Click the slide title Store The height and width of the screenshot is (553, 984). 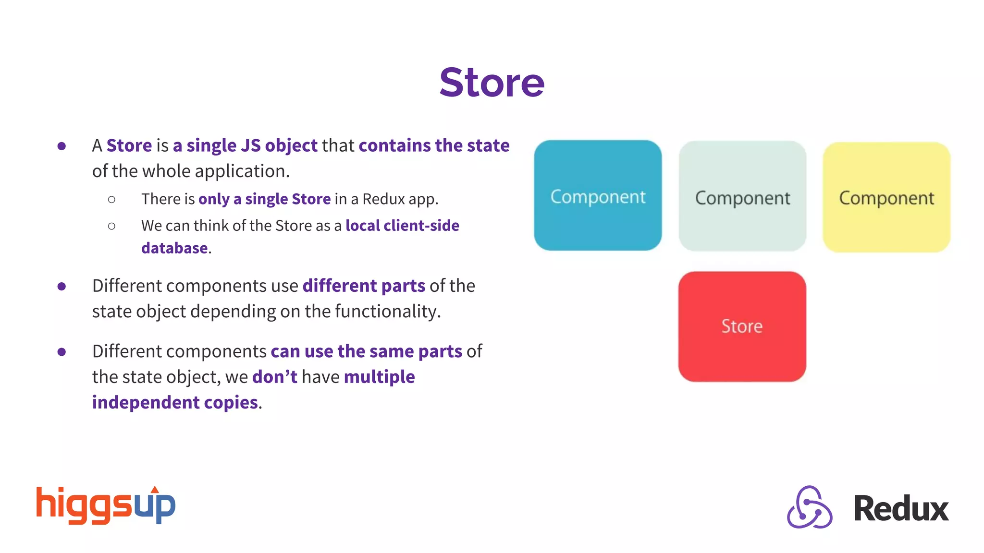click(x=492, y=83)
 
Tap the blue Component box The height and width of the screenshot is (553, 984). click(x=598, y=195)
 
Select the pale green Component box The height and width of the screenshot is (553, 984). click(x=742, y=196)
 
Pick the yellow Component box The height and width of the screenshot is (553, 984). click(x=886, y=197)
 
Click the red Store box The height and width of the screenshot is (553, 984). click(x=742, y=326)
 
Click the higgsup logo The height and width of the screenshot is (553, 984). click(x=106, y=505)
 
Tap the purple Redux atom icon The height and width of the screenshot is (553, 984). click(x=809, y=507)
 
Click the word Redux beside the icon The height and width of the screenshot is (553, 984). click(x=900, y=508)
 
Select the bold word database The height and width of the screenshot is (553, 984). click(x=174, y=248)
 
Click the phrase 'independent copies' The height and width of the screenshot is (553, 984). click(x=175, y=402)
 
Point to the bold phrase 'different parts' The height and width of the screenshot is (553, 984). click(x=364, y=286)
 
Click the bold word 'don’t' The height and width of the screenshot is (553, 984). click(x=274, y=377)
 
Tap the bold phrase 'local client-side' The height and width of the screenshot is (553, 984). click(x=402, y=226)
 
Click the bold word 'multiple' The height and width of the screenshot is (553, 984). click(x=379, y=377)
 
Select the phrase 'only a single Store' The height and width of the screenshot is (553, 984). click(x=264, y=199)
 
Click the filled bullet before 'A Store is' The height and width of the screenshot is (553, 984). click(x=61, y=146)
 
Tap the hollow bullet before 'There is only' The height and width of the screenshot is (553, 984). click(x=111, y=199)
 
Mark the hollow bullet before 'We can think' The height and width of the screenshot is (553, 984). click(x=111, y=226)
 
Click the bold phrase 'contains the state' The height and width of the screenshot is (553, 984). click(x=434, y=145)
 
